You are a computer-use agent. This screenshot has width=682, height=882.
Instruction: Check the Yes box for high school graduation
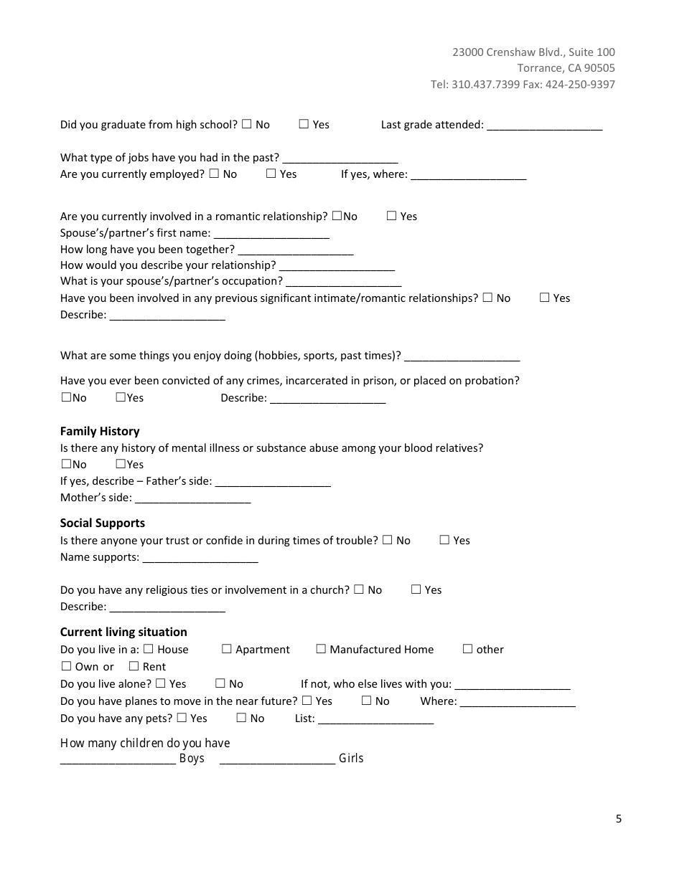(x=304, y=124)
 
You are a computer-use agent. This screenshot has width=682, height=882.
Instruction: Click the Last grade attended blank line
(x=544, y=126)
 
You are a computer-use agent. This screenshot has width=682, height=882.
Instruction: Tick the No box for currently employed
(x=214, y=174)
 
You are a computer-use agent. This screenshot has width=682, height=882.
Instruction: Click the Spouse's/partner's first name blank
(x=271, y=234)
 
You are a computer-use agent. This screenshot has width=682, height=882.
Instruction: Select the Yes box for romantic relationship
(x=391, y=216)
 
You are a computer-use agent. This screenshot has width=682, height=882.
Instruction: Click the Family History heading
(x=100, y=431)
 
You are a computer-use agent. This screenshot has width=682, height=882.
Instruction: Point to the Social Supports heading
(x=103, y=523)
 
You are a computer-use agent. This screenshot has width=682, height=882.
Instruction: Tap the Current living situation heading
(x=123, y=632)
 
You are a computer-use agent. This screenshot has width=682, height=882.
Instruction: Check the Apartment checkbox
(x=227, y=649)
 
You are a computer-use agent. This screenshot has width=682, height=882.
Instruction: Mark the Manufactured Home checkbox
(x=321, y=649)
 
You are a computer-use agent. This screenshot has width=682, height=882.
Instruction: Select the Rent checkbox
(x=134, y=666)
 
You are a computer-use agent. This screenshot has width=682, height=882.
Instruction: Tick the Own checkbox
(x=67, y=666)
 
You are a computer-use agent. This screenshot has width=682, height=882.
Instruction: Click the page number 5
(x=618, y=819)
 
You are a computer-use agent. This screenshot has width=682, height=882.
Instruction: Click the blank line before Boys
(x=118, y=760)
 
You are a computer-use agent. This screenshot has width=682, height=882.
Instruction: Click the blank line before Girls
(x=277, y=760)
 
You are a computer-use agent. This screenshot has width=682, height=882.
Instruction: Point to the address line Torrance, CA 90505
(x=566, y=68)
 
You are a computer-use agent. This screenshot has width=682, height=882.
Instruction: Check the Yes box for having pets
(x=182, y=718)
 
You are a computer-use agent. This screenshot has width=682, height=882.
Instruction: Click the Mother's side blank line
(x=192, y=499)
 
